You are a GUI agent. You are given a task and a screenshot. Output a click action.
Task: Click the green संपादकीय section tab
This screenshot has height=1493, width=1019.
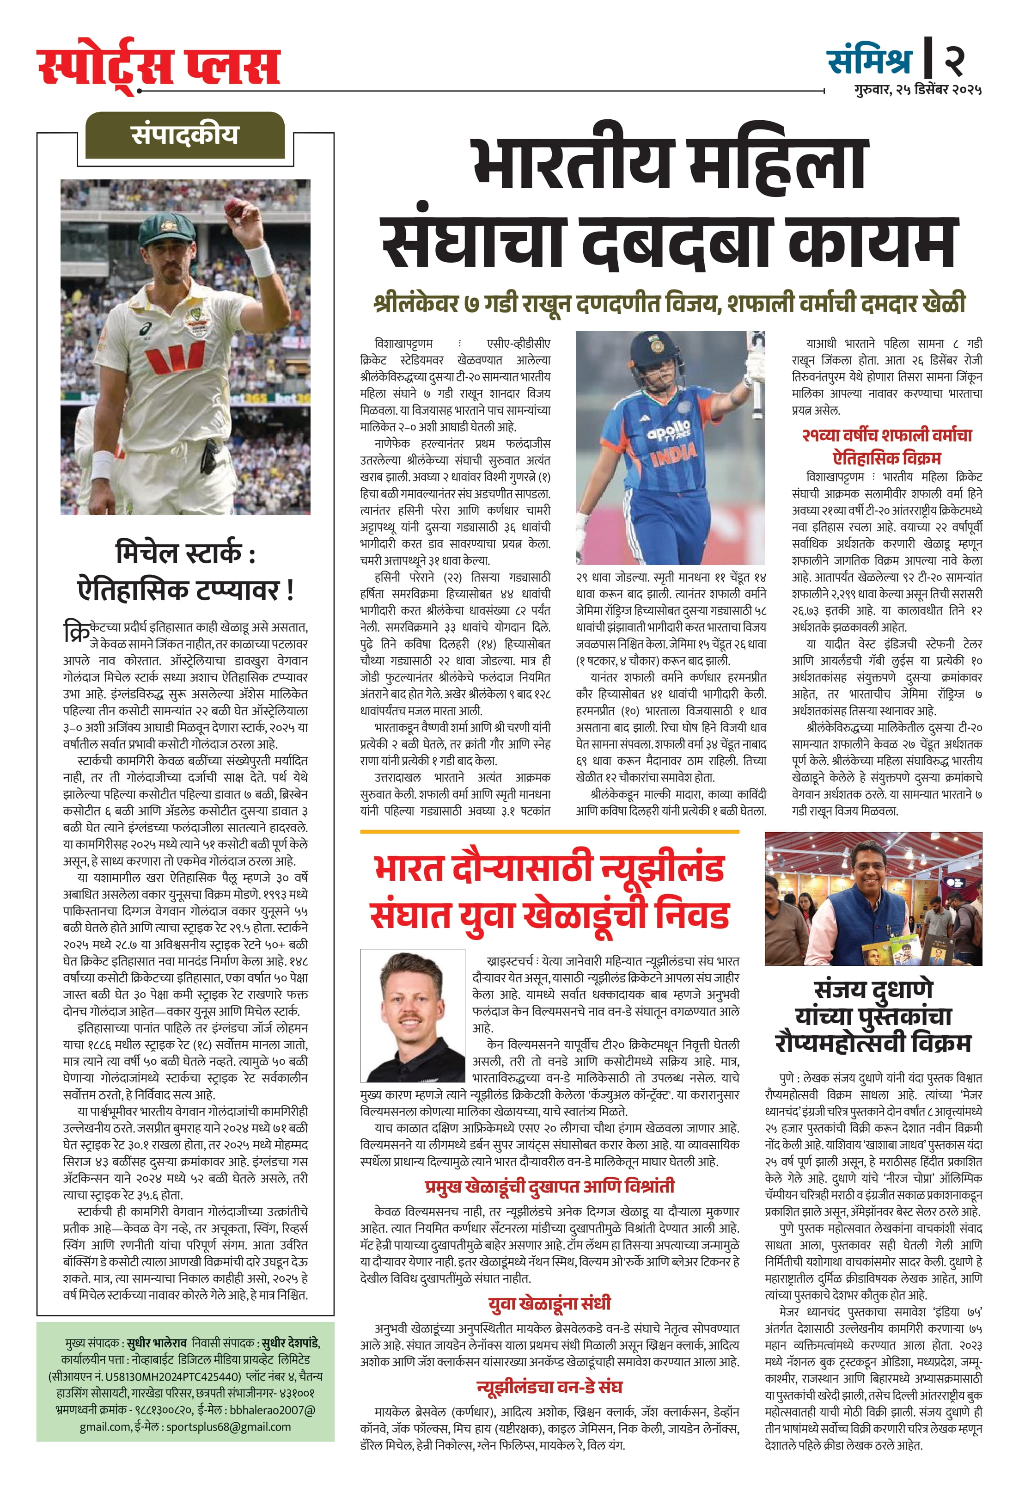click(x=185, y=135)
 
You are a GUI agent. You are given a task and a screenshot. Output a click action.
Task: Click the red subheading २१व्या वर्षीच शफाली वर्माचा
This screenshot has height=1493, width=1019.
click(x=887, y=435)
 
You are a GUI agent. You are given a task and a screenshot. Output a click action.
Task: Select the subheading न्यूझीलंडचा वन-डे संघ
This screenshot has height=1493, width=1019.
click(x=549, y=1386)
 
